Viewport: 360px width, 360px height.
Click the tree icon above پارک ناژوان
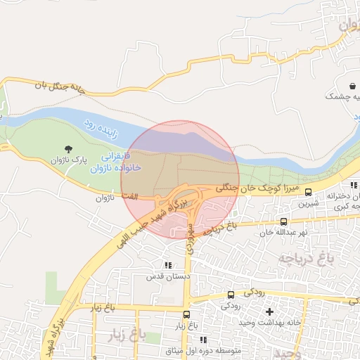tap(68, 148)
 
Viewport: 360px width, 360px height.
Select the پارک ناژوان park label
tap(68, 160)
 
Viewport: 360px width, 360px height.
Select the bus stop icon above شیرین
tap(308, 192)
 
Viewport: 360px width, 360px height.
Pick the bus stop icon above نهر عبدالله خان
tap(283, 221)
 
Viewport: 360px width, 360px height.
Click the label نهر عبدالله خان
tap(284, 232)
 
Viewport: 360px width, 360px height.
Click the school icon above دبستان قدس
tap(167, 265)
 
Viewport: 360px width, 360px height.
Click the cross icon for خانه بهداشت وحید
tap(269, 311)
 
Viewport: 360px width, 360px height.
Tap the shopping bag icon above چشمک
tap(350, 85)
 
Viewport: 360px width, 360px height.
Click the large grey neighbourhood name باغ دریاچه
tap(304, 259)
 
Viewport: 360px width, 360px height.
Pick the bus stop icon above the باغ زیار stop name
tap(186, 315)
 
